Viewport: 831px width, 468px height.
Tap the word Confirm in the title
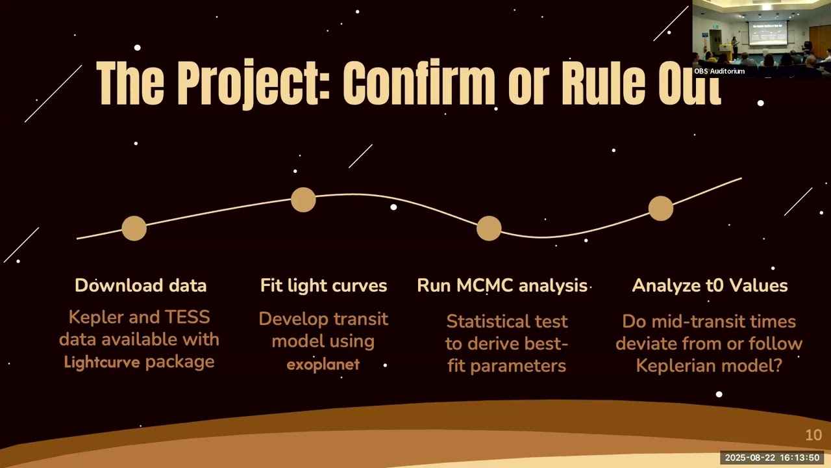tap(418, 84)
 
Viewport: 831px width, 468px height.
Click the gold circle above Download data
tap(134, 229)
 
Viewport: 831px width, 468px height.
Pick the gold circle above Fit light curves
tap(303, 200)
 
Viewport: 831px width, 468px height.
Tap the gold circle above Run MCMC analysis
tap(489, 228)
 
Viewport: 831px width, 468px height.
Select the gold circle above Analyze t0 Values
tap(661, 209)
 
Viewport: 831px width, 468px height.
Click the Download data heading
tap(140, 285)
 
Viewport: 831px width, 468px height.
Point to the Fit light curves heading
tap(323, 285)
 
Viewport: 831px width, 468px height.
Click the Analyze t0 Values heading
tap(710, 285)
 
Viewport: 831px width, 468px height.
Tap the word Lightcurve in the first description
tap(102, 362)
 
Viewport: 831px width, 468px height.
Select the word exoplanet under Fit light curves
tap(323, 364)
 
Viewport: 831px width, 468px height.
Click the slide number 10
tap(813, 435)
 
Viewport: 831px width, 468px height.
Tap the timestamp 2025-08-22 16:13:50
tap(772, 458)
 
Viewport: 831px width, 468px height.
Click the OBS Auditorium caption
tap(719, 71)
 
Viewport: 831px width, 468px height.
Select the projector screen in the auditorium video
tap(767, 32)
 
